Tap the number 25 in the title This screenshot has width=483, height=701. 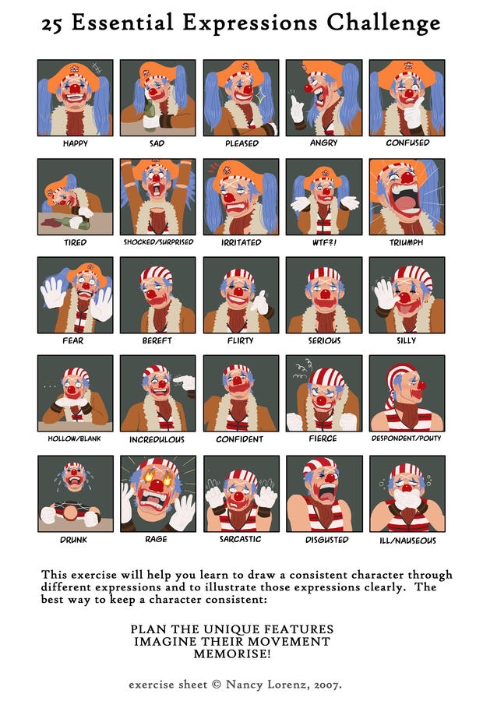coord(54,24)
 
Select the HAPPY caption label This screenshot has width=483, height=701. coord(76,143)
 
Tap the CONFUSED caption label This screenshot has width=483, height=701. coord(407,143)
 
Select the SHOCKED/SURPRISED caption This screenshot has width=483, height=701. coord(158,242)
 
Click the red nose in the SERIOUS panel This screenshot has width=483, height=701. coord(323,294)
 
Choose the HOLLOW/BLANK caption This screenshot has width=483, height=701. coord(76,439)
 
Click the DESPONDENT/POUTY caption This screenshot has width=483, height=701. coord(407,439)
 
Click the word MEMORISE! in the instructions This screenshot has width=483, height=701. coord(231,654)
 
